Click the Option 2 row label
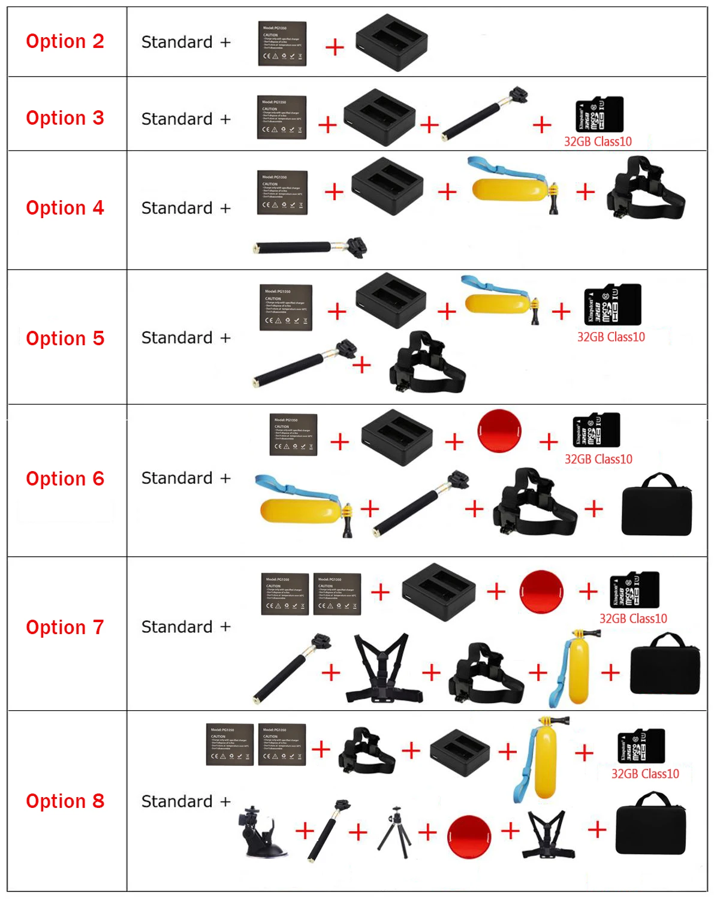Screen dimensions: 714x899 [x=65, y=41]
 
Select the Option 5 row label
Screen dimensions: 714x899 [x=65, y=338]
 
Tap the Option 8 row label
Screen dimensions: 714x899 [x=65, y=801]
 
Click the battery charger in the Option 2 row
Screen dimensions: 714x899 [x=391, y=42]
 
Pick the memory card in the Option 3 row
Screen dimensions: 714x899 [x=599, y=114]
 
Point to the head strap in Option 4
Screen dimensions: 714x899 [x=644, y=189]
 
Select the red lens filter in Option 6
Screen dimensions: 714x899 [x=499, y=431]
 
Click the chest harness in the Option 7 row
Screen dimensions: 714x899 [x=384, y=668]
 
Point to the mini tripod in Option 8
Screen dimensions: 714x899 [x=394, y=832]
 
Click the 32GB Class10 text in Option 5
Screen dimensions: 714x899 [x=611, y=337]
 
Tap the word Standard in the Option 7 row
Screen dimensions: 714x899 [x=177, y=627]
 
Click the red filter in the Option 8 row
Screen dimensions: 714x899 [x=469, y=837]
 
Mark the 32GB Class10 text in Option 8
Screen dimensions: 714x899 [x=645, y=774]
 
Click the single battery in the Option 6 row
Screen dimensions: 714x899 [x=293, y=435]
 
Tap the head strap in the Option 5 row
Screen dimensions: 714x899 [x=427, y=363]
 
